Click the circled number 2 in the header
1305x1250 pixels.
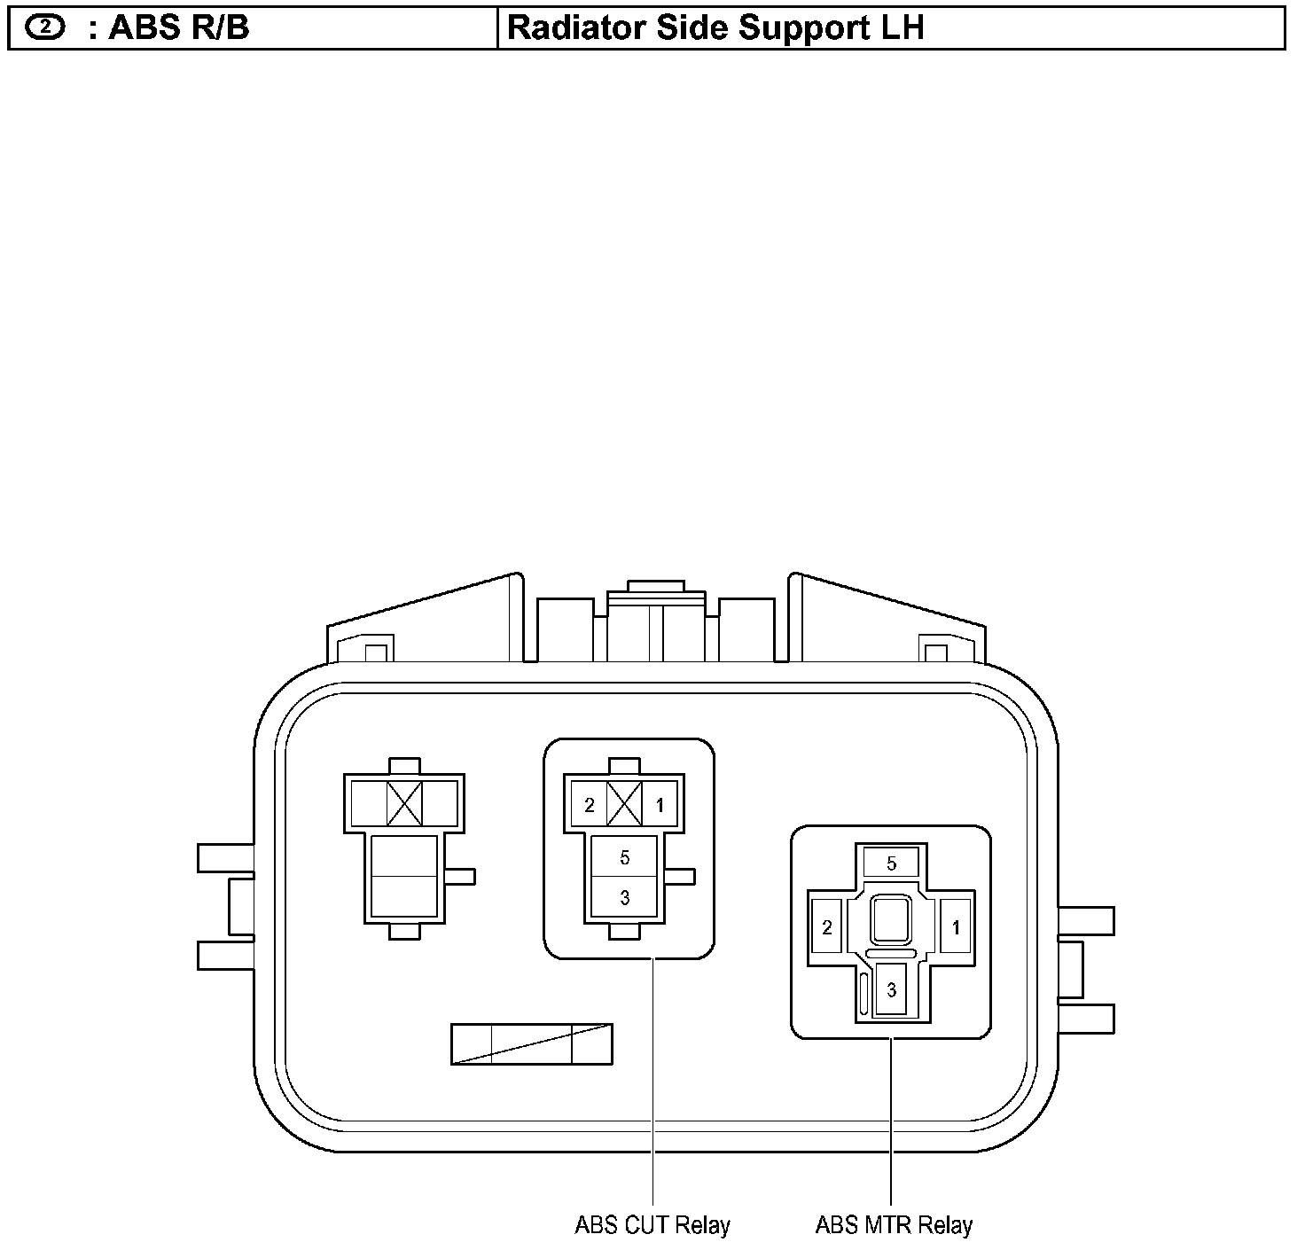(x=45, y=27)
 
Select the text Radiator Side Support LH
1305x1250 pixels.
(x=715, y=28)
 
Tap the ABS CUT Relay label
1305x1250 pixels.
(x=652, y=1224)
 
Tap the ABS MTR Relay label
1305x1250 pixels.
(x=894, y=1224)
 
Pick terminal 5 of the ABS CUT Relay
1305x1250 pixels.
(x=624, y=856)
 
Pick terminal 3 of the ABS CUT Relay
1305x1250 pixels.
(x=624, y=897)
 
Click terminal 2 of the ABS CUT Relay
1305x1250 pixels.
(x=589, y=804)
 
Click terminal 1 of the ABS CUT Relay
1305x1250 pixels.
(x=660, y=804)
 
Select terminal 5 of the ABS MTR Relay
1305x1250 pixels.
(x=891, y=863)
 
